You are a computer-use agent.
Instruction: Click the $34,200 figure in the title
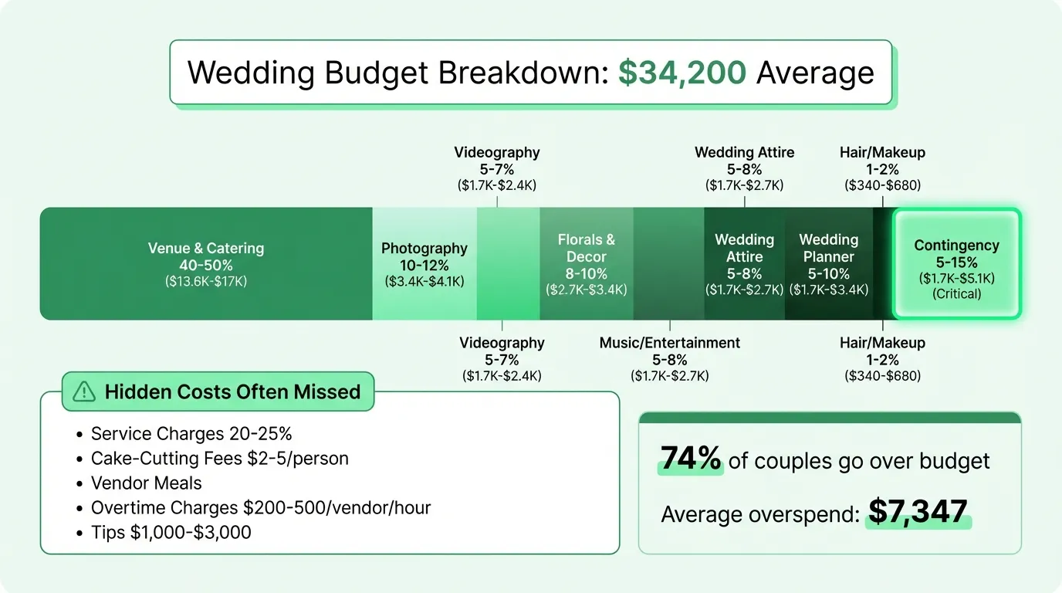point(682,73)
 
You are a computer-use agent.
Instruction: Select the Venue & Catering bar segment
point(206,264)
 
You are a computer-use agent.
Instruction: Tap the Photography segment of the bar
point(424,264)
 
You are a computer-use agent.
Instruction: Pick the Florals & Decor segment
point(587,264)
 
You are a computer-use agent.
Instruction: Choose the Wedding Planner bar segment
point(829,264)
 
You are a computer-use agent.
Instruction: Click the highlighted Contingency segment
point(957,264)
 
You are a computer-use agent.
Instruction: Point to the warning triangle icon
point(83,392)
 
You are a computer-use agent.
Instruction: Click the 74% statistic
point(691,460)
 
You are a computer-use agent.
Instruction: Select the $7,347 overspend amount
point(918,512)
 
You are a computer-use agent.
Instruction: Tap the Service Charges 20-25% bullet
point(191,434)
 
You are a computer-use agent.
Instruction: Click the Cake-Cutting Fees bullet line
point(219,459)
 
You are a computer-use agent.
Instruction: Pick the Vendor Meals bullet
point(146,483)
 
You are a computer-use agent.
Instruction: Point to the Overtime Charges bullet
point(260,508)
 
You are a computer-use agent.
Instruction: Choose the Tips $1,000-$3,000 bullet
point(171,533)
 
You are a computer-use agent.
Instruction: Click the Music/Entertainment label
point(670,343)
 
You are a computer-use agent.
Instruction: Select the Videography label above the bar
point(497,153)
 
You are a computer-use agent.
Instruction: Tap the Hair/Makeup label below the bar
point(882,343)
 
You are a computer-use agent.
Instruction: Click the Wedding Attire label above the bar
point(744,153)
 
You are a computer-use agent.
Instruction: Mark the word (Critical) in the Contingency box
point(957,294)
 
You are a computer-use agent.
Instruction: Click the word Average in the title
point(815,73)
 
